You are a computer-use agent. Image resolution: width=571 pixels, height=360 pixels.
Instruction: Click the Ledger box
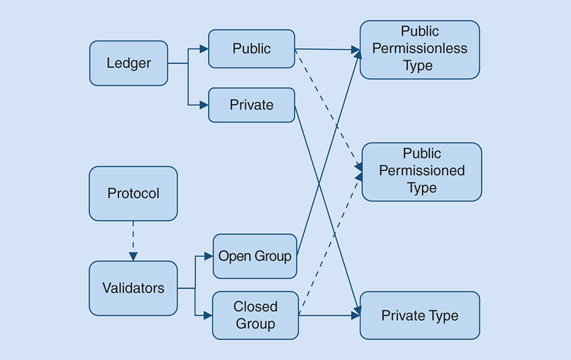(x=129, y=63)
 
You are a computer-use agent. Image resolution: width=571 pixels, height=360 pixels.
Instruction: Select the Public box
(x=251, y=49)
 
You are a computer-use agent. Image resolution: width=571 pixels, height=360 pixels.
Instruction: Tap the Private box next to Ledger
(x=251, y=105)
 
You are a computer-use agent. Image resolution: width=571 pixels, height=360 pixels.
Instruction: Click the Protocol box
(x=133, y=194)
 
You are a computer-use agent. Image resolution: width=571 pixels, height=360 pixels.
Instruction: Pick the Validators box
(x=133, y=288)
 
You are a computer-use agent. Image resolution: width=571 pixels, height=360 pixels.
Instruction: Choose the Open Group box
(x=255, y=257)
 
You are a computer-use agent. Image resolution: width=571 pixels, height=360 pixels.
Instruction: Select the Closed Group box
(x=255, y=315)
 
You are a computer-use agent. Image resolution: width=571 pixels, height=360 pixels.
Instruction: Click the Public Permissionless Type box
(x=420, y=49)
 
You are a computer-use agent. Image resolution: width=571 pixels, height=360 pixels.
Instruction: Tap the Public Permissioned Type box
(x=421, y=171)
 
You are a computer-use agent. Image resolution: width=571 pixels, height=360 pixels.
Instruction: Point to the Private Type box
(x=420, y=316)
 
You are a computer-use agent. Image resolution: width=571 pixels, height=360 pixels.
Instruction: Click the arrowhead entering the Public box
(x=204, y=49)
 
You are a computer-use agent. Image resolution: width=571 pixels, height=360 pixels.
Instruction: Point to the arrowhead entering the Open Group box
(x=209, y=257)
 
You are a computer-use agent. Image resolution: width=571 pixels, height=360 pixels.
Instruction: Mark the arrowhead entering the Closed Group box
(x=208, y=315)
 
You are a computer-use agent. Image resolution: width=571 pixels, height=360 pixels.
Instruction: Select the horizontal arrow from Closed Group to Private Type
(x=329, y=315)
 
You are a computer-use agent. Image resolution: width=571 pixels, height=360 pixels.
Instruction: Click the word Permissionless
(x=420, y=49)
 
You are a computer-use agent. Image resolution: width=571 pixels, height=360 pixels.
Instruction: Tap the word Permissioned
(x=421, y=171)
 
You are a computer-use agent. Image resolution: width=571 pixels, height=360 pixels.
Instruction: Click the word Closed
(x=255, y=307)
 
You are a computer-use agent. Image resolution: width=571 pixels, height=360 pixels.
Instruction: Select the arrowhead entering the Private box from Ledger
(x=204, y=105)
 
